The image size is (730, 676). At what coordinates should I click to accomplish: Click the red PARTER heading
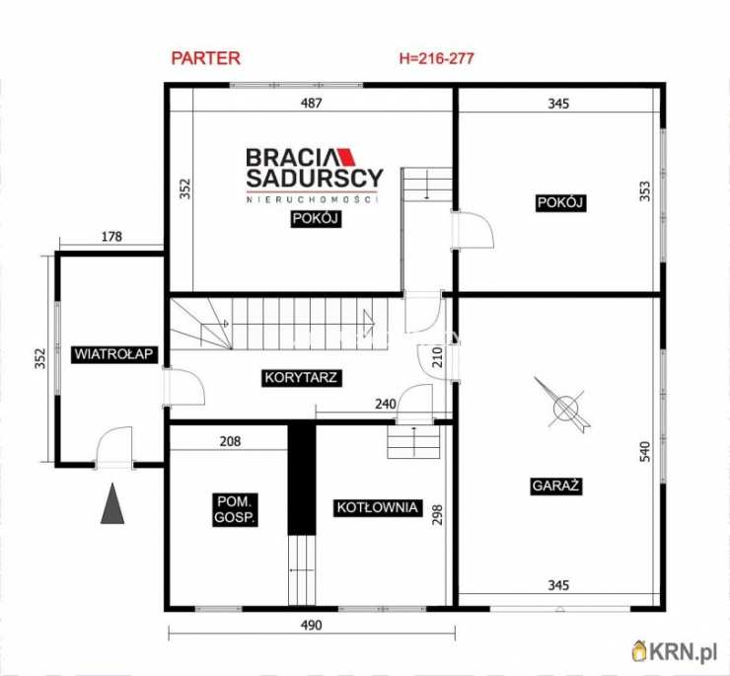point(206,58)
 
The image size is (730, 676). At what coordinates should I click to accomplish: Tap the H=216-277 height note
point(437,58)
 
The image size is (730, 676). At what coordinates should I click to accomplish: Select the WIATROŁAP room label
point(113,354)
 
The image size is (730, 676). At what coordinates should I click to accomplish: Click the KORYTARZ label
point(301,377)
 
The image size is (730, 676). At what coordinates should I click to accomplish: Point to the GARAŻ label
point(555,486)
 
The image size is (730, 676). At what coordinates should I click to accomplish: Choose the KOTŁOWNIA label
point(377,507)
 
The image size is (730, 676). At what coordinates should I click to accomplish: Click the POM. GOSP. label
point(235,509)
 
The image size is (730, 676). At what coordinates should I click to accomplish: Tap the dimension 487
point(311,103)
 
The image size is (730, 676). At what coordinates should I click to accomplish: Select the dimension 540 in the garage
point(645,451)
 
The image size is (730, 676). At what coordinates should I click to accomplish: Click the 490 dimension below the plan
point(311,625)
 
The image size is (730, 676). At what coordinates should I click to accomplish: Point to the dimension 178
point(111,237)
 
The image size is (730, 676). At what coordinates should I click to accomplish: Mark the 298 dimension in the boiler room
point(438,515)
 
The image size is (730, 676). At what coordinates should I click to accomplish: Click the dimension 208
point(230,441)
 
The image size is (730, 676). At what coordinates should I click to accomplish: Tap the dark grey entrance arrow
point(112,503)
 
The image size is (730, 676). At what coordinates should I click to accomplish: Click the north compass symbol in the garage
point(563,407)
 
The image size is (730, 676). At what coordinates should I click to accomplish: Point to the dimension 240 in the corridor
point(386,404)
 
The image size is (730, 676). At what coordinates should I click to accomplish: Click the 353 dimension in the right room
point(645,191)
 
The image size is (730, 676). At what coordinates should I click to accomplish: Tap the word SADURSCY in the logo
point(315,179)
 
